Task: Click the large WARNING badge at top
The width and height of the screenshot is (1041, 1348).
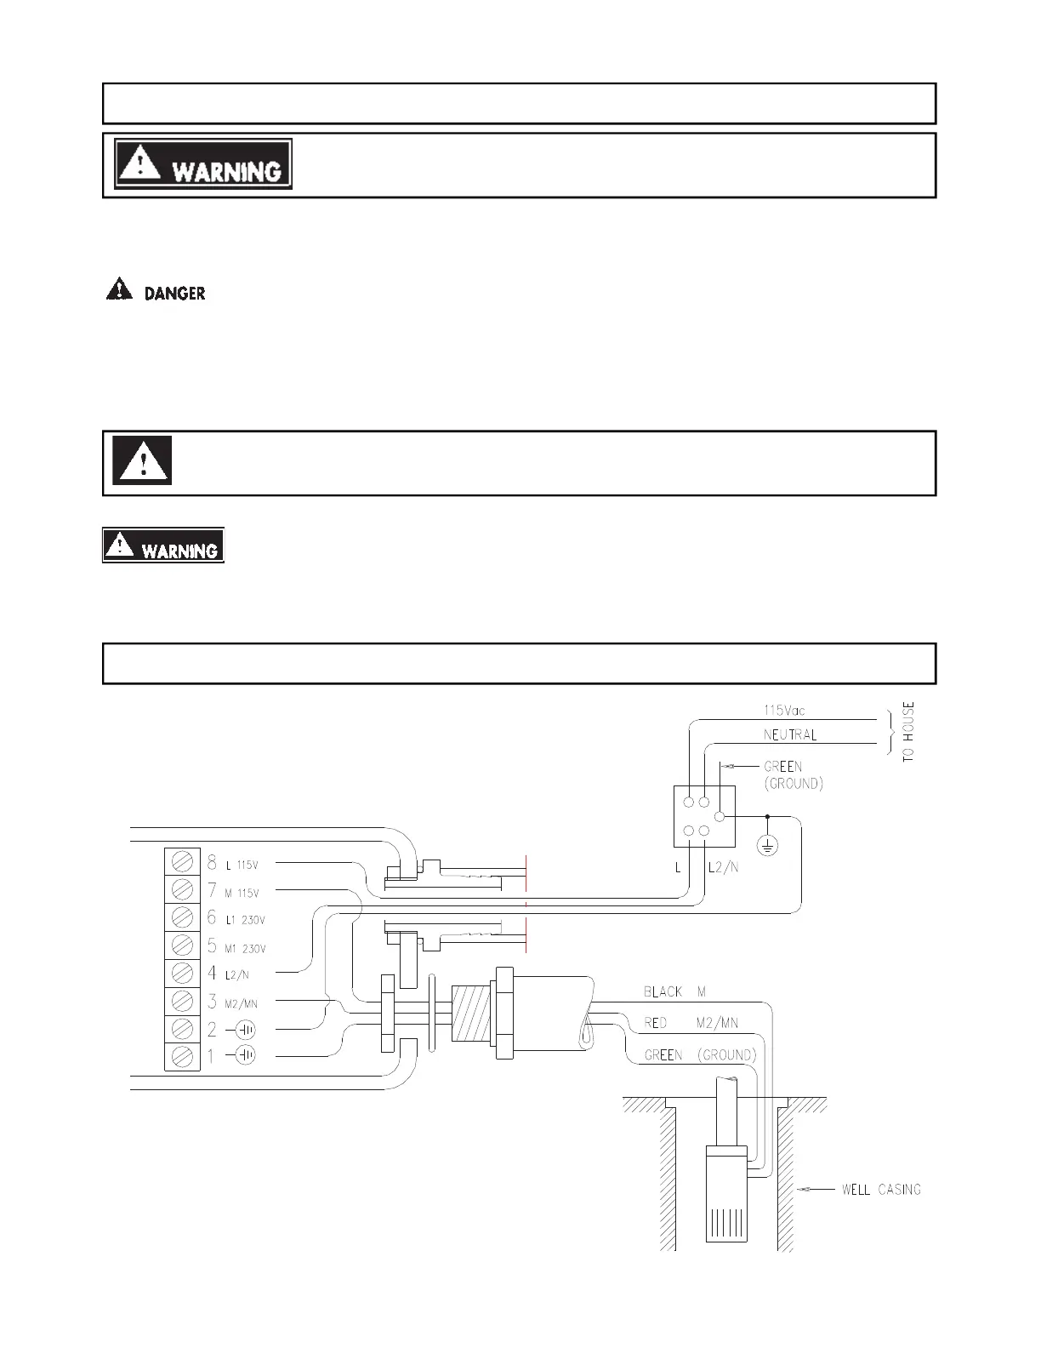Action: coord(203,163)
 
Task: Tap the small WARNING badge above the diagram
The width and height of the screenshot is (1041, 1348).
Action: coord(163,545)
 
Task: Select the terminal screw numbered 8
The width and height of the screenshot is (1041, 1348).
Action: coord(182,863)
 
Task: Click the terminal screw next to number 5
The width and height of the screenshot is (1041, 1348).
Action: coord(182,945)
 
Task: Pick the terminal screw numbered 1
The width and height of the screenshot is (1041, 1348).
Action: coord(182,1056)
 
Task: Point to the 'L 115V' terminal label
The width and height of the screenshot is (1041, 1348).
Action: coord(242,865)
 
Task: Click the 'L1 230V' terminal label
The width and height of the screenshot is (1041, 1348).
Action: coord(245,921)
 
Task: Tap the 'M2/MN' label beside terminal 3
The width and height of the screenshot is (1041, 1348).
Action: coord(241,1004)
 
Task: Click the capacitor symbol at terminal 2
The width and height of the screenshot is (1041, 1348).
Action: coord(245,1030)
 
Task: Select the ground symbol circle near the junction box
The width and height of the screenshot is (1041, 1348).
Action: coord(767,846)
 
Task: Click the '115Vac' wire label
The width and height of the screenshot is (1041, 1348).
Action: coord(785,710)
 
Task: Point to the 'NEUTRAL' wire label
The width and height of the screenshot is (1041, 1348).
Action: coord(789,734)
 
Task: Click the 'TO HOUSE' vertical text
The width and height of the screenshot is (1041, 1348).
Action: coord(908,731)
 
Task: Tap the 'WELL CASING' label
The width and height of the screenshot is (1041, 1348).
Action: coord(881,1189)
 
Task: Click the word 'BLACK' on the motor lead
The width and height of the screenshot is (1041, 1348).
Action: coord(663,991)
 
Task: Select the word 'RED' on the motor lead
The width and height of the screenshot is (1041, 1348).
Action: coord(656,1023)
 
